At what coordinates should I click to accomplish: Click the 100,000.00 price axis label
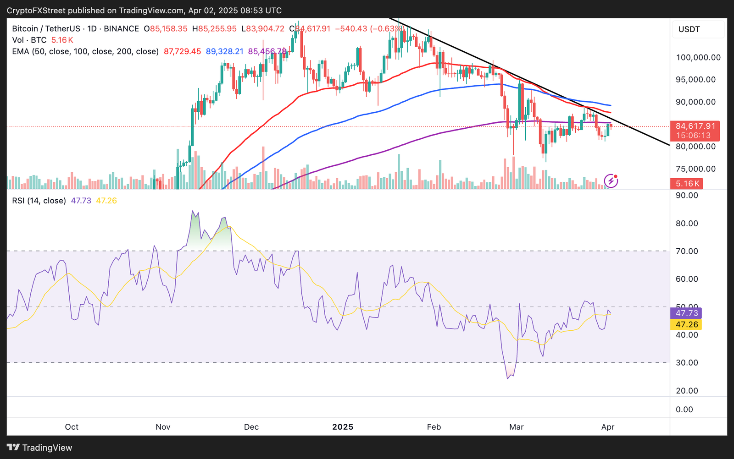(x=698, y=57)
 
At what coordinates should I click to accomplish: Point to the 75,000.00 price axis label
(x=695, y=169)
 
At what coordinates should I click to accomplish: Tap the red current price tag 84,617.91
(x=695, y=126)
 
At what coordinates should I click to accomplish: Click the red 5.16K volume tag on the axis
(x=687, y=184)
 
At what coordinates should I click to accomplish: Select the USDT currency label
(x=689, y=29)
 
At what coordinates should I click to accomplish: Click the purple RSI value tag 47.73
(x=687, y=313)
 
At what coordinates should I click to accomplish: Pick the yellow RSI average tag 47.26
(x=687, y=324)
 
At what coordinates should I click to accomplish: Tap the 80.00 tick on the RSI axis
(x=687, y=224)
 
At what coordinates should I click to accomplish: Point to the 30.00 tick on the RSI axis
(x=687, y=362)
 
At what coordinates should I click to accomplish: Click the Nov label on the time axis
(x=163, y=427)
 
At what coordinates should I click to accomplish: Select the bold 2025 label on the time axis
(x=343, y=427)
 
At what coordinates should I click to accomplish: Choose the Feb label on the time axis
(x=434, y=427)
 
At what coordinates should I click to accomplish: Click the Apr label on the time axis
(x=607, y=427)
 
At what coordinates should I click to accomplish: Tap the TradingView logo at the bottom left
(x=39, y=448)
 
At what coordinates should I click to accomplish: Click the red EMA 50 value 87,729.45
(x=182, y=51)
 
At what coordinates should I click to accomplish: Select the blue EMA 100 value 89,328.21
(x=224, y=51)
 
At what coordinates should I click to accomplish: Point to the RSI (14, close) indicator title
(x=39, y=201)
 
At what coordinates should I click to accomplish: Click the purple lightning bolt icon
(x=611, y=181)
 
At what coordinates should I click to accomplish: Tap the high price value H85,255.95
(x=214, y=28)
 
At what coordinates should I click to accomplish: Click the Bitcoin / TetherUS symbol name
(x=46, y=28)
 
